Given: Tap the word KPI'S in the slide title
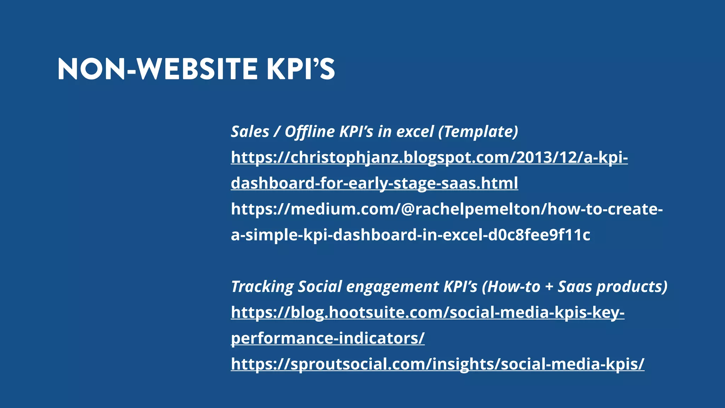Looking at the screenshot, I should click(301, 69).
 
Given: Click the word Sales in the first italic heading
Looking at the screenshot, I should click(250, 132).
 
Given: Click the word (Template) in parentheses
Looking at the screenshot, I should click(478, 132).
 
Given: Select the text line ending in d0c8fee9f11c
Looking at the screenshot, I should click(410, 235).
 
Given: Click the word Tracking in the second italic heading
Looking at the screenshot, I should click(262, 287).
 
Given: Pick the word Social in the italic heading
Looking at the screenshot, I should click(320, 287).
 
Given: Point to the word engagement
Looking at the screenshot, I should click(393, 287).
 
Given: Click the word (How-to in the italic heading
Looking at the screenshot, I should click(511, 287).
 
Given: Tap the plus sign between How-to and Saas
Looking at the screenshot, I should click(549, 287).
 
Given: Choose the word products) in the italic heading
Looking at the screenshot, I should click(632, 287).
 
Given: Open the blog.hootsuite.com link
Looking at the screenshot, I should click(427, 312).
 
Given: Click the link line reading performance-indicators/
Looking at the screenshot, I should click(327, 338).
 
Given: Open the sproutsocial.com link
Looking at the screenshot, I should click(438, 364).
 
